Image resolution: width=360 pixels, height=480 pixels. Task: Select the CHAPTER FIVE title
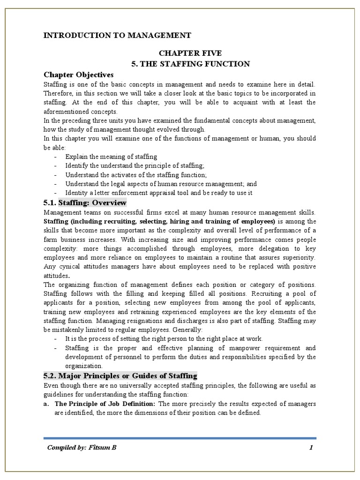(190, 53)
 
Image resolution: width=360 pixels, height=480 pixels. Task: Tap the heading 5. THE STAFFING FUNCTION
(190, 64)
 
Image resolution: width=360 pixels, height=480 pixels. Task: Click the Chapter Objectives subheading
(78, 75)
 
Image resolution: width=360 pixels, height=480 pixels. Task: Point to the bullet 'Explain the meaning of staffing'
(111, 157)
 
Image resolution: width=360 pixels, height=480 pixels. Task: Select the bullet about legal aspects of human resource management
(161, 184)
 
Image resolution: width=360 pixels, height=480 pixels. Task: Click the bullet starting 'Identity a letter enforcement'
(159, 193)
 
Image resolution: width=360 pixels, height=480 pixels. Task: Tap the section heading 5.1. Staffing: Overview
(85, 202)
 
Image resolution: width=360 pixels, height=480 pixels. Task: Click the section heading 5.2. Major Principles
(120, 375)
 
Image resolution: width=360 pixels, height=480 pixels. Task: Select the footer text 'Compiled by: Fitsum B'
(82, 448)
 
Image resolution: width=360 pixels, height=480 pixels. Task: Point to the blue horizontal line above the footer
(180, 438)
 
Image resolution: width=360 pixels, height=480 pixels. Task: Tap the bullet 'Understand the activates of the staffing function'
(147, 175)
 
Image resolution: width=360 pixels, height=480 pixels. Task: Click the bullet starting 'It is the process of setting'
(164, 338)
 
